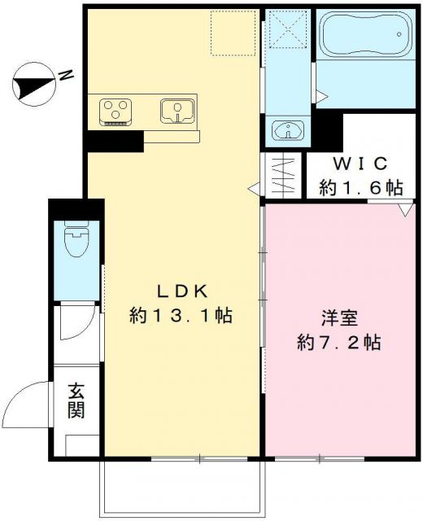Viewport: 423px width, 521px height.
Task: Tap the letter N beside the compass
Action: click(x=65, y=77)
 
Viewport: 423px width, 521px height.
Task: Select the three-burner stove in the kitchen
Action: click(x=115, y=110)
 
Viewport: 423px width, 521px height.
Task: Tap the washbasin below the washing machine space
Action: click(x=286, y=131)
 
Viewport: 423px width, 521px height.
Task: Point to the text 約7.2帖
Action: click(x=338, y=342)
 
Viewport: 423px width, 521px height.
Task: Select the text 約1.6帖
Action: click(x=360, y=187)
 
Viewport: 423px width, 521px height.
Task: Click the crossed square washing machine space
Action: click(x=286, y=30)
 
